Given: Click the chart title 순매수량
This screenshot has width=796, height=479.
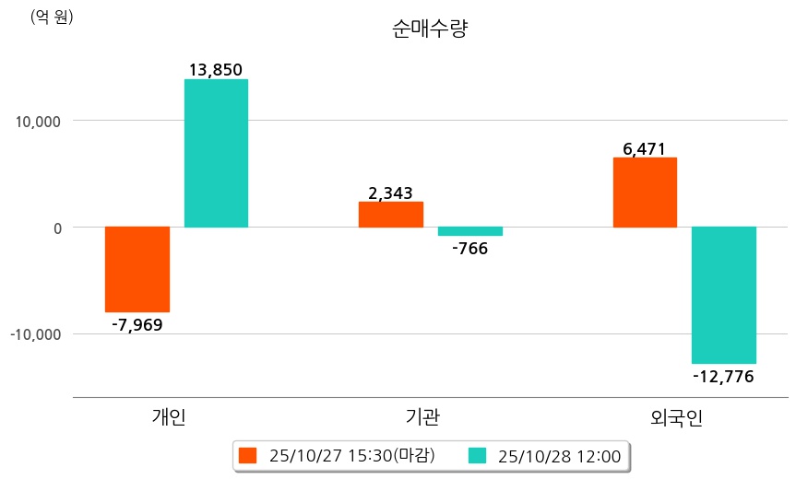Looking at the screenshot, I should pyautogui.click(x=431, y=29).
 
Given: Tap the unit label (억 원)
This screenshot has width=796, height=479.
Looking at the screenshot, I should pyautogui.click(x=52, y=17).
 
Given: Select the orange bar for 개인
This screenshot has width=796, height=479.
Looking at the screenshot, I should pyautogui.click(x=137, y=269).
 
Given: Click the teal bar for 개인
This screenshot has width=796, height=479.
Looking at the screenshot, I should pyautogui.click(x=216, y=153).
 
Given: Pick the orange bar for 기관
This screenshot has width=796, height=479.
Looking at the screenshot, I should pyautogui.click(x=390, y=215).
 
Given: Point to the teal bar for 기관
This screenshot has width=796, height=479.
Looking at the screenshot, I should pyautogui.click(x=470, y=231).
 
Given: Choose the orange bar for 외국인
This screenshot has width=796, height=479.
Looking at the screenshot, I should pyautogui.click(x=645, y=193).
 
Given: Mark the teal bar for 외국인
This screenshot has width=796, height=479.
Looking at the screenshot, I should pyautogui.click(x=724, y=295).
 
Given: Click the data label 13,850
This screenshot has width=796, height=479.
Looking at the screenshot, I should pyautogui.click(x=215, y=70).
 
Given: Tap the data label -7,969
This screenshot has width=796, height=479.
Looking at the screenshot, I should pyautogui.click(x=137, y=324).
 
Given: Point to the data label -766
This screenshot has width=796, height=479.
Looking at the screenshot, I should pyautogui.click(x=469, y=248).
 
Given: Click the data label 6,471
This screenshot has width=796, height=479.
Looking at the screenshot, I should pyautogui.click(x=644, y=148).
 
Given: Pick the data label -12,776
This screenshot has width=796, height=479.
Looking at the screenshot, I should pyautogui.click(x=723, y=376).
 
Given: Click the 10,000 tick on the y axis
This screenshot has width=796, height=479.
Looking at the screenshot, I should pyautogui.click(x=37, y=121).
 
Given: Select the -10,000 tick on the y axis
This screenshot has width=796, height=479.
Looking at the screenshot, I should pyautogui.click(x=34, y=333).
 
